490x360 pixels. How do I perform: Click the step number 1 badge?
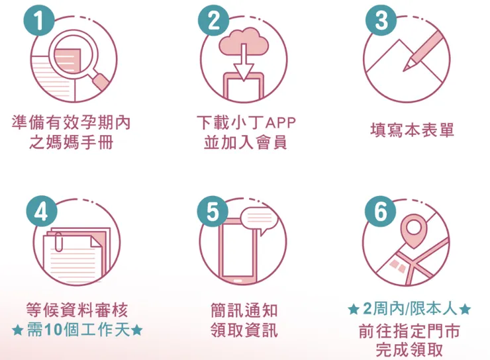point(41,21)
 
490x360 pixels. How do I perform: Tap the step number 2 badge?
point(213,21)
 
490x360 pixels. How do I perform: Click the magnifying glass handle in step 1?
point(101,81)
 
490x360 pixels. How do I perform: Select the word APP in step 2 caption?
point(279,123)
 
